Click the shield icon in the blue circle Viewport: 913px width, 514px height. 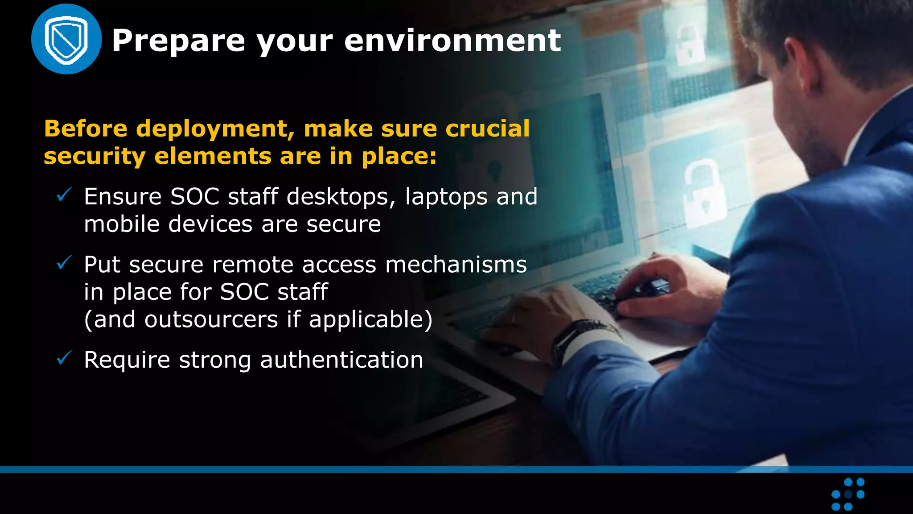(x=66, y=39)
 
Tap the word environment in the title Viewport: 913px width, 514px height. (x=452, y=40)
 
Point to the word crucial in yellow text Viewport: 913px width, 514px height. (x=487, y=128)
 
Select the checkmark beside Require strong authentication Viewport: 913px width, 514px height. (x=64, y=358)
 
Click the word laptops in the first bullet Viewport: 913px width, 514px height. (x=446, y=197)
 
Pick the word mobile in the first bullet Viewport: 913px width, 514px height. (x=122, y=224)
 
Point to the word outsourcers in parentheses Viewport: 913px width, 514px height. (x=211, y=319)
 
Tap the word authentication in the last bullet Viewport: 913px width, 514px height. (x=341, y=360)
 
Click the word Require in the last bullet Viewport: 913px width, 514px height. (x=127, y=361)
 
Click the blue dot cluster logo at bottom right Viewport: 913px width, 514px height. (x=848, y=494)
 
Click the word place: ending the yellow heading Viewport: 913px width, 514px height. (x=399, y=157)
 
